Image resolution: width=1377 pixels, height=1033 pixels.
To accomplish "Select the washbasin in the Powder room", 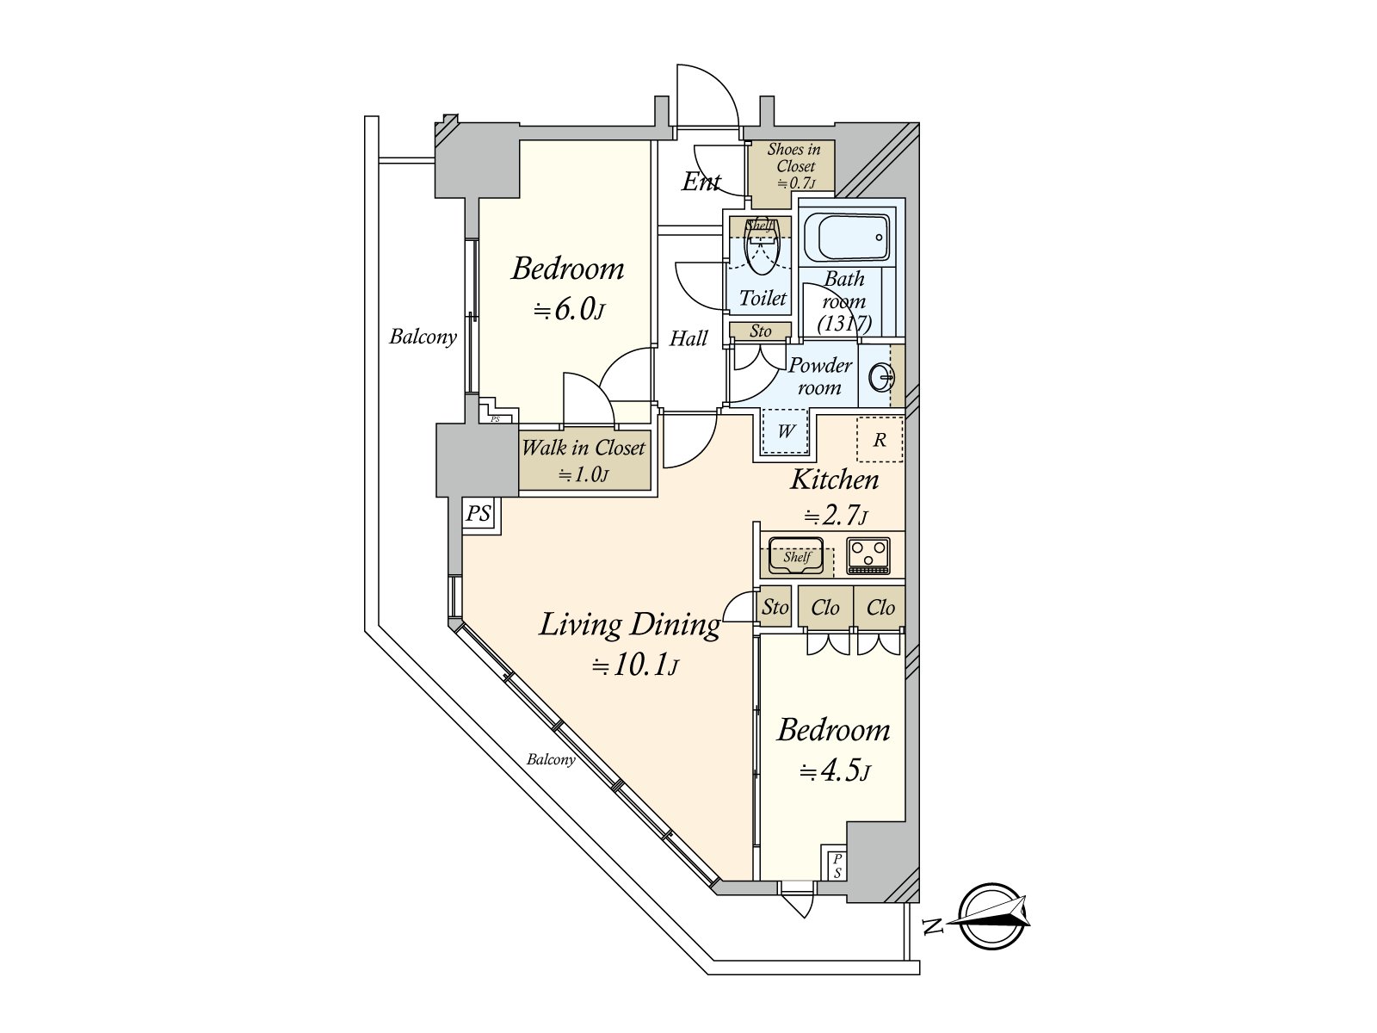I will pos(882,378).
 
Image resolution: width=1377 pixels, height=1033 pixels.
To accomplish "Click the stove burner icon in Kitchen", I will pos(868,555).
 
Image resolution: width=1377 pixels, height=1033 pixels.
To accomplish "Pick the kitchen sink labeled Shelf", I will pos(796,555).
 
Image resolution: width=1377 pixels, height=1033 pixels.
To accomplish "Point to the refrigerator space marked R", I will pos(880,440).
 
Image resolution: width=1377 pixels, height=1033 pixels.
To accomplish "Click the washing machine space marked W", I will pos(786,431).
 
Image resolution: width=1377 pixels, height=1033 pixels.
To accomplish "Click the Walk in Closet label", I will pos(584,448).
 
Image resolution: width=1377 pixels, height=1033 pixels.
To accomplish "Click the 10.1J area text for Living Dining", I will pos(635,665).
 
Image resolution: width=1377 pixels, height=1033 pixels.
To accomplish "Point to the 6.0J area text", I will pos(569,309).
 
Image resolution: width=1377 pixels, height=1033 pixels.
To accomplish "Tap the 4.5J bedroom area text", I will pos(834,771).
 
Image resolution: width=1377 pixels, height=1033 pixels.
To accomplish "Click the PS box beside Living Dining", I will pos(479,515).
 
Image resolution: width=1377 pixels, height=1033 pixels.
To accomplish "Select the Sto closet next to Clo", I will pos(775,607).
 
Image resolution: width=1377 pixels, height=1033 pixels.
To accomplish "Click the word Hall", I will pos(688,338).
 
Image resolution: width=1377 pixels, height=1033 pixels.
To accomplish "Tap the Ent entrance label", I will pos(701,182).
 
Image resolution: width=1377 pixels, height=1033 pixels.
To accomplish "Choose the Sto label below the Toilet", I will pos(760,331).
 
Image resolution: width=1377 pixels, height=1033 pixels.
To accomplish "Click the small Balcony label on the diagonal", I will pos(551,759).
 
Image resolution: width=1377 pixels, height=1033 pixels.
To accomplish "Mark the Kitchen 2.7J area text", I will pos(835,516).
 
